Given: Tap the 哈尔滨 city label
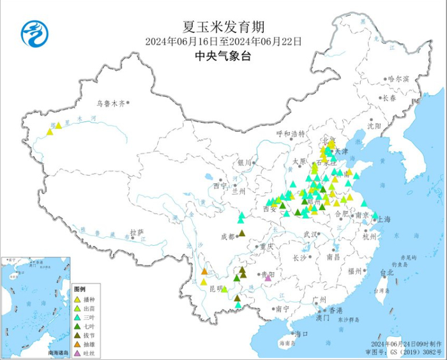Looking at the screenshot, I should tap(397, 79).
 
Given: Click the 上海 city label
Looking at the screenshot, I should tap(384, 219).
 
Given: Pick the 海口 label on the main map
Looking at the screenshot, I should tap(302, 333).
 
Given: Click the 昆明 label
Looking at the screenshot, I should tap(215, 289).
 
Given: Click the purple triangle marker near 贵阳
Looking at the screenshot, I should tap(268, 278).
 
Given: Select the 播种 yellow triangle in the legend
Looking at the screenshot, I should tap(77, 299).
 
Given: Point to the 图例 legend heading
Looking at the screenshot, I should tap(79, 289).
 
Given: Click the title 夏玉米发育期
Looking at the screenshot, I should tap(223, 27).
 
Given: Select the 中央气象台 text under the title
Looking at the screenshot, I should tap(223, 56).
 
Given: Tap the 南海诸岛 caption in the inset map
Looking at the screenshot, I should tap(58, 352).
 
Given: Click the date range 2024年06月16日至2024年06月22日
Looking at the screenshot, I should tap(223, 41).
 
